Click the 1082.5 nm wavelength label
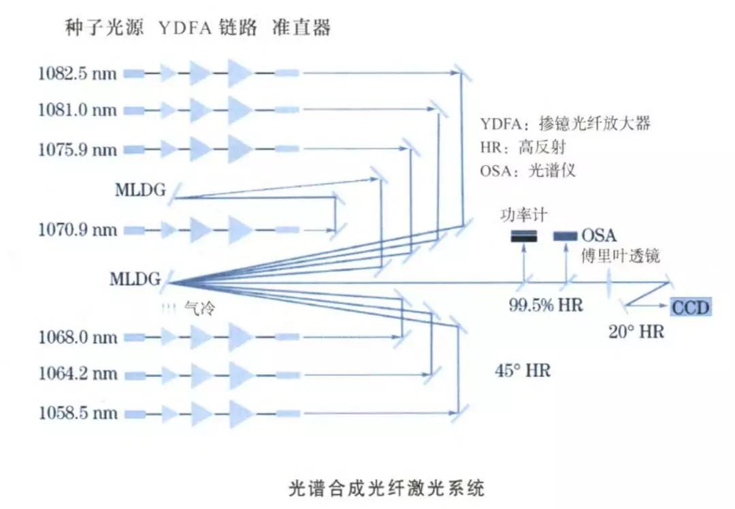pyautogui.click(x=77, y=73)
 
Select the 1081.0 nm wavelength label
pyautogui.click(x=77, y=110)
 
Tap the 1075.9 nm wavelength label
pyautogui.click(x=77, y=148)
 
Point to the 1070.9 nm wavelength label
pyautogui.click(x=77, y=229)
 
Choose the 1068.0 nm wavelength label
pyautogui.click(x=77, y=337)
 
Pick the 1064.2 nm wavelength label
pyautogui.click(x=77, y=374)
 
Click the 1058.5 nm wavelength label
pyautogui.click(x=77, y=413)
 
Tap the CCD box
pyautogui.click(x=690, y=308)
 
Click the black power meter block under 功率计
pyautogui.click(x=524, y=236)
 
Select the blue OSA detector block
pyautogui.click(x=564, y=236)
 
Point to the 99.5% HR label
pyautogui.click(x=546, y=305)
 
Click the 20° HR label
pyautogui.click(x=636, y=331)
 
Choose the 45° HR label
pyautogui.click(x=523, y=371)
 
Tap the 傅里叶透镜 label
pyautogui.click(x=619, y=256)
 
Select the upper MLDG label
pyautogui.click(x=140, y=190)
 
